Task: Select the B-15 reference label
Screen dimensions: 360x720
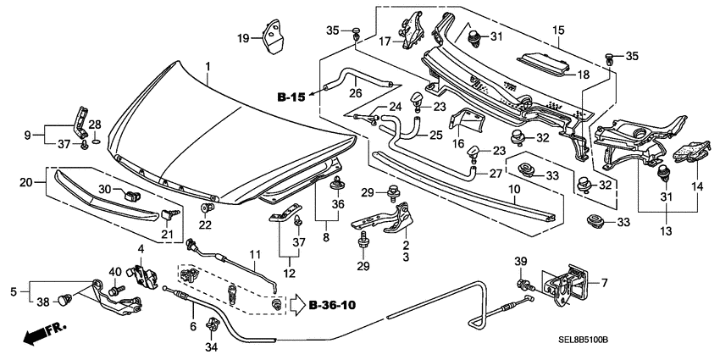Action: click(292, 98)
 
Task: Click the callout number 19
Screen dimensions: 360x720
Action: click(242, 38)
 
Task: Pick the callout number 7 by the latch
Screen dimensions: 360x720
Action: click(604, 282)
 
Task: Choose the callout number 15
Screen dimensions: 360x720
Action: click(557, 31)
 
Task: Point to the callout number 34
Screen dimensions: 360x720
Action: click(212, 346)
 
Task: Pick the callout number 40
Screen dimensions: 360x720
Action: click(115, 272)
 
